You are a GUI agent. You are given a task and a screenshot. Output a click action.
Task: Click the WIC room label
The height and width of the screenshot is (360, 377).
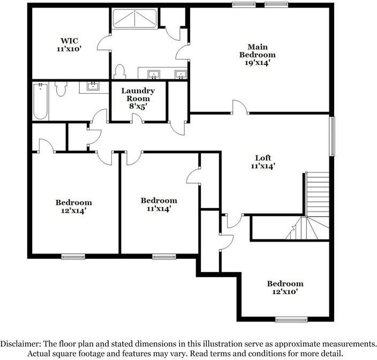pyautogui.click(x=70, y=40)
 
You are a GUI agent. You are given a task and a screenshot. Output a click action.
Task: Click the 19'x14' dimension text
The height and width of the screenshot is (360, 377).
pyautogui.click(x=257, y=62)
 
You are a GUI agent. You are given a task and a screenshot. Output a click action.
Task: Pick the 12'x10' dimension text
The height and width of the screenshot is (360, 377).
pyautogui.click(x=285, y=292)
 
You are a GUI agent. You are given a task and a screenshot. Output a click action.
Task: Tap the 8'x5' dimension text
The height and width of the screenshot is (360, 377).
pyautogui.click(x=138, y=106)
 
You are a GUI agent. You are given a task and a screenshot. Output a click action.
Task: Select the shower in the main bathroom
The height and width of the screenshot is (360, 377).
pyautogui.click(x=134, y=20)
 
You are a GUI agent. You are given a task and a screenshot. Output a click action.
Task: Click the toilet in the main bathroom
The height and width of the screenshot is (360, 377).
pyautogui.click(x=120, y=71)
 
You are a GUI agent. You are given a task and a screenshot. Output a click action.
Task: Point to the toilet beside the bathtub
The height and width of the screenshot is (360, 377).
pyautogui.click(x=60, y=88)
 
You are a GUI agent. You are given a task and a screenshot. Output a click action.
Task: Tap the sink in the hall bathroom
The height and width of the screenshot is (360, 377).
pyautogui.click(x=93, y=86)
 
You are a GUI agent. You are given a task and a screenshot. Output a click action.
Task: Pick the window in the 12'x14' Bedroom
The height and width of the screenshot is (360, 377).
pyautogui.click(x=73, y=256)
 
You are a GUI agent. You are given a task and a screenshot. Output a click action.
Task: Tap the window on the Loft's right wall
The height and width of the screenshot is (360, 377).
pyautogui.click(x=332, y=137)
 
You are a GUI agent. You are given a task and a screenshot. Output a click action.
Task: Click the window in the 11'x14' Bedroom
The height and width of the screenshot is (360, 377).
pyautogui.click(x=164, y=256)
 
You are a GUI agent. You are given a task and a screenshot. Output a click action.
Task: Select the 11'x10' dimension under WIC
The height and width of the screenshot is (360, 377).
pyautogui.click(x=70, y=49)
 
